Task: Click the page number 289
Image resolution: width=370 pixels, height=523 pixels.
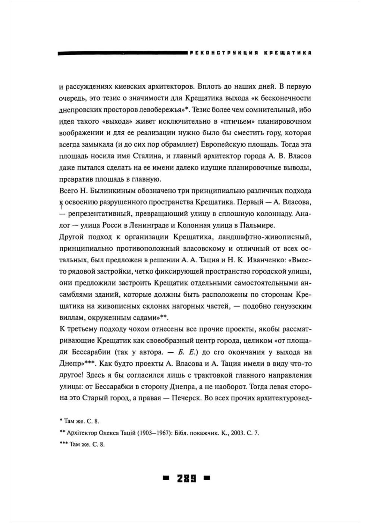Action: [x=186, y=478]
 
